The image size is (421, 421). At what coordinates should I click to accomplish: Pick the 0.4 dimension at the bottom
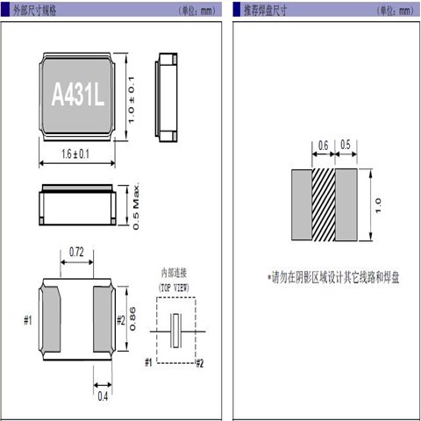[x=103, y=396]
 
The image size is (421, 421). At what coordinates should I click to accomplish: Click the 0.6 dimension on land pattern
[x=324, y=146]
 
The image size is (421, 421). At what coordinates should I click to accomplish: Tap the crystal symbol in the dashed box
[x=178, y=329]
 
